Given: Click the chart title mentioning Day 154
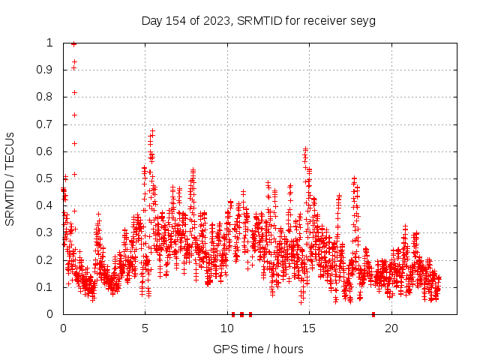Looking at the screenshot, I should (258, 20).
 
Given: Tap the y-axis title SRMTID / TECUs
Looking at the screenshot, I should (10, 178).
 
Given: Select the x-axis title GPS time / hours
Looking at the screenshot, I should (258, 349).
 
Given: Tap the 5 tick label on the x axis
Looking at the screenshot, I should (145, 328).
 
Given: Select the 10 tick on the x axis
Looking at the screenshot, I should (227, 328).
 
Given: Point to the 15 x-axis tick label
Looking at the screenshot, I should (309, 328).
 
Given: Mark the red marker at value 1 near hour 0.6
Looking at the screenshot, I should (73, 43).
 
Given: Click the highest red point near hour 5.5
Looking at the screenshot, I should (153, 130).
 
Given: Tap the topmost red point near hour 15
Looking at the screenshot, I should (306, 149).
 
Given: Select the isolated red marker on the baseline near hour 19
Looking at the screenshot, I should (373, 314).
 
